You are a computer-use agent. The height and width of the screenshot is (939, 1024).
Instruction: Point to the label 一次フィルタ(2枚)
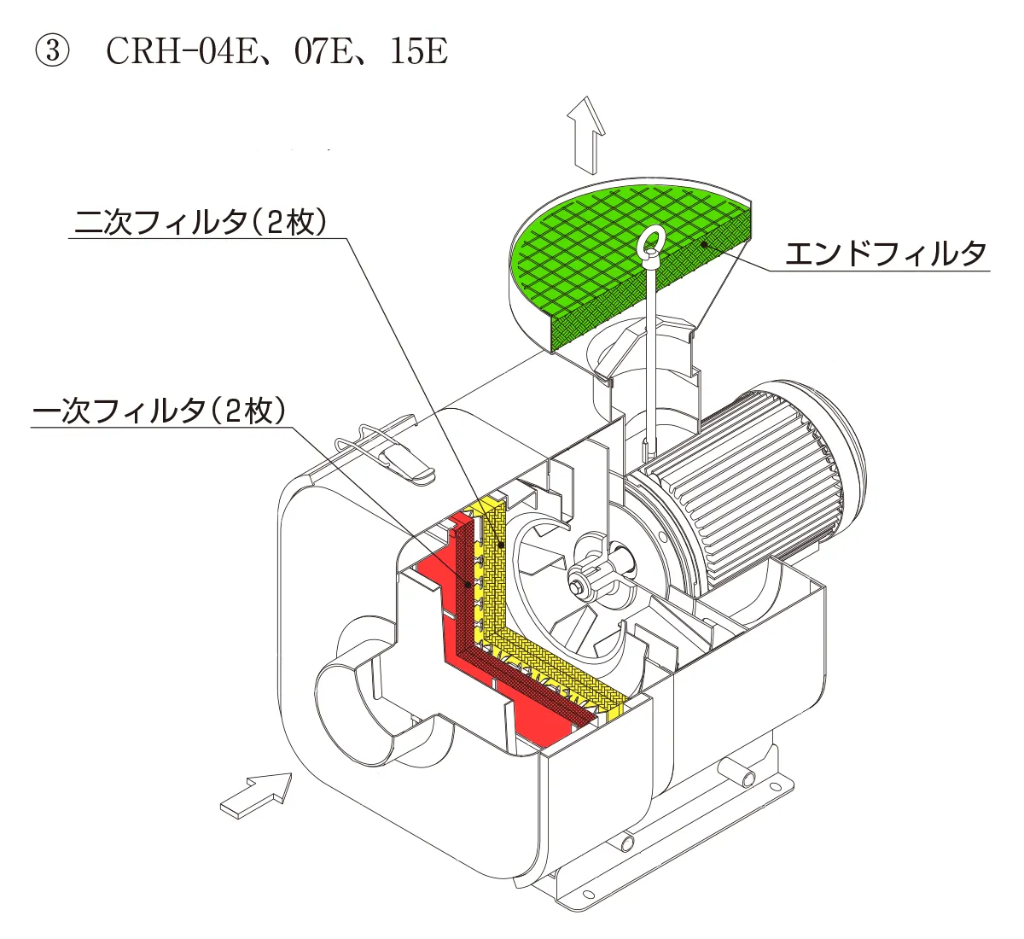(159, 411)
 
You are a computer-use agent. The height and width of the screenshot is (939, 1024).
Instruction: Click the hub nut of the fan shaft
(580, 588)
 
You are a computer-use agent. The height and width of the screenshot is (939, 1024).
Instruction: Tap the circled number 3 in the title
(49, 52)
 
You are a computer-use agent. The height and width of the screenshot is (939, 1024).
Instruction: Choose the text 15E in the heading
(417, 52)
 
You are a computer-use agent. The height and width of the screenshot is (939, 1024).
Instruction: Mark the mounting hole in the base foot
(589, 895)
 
